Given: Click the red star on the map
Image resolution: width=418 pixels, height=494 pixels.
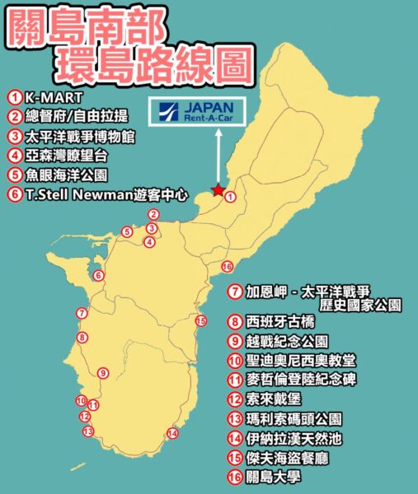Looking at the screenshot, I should pos(218,191).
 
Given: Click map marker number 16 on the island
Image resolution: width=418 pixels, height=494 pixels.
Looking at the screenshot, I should pos(228,266).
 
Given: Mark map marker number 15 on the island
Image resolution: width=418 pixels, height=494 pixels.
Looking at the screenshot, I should pos(200,321).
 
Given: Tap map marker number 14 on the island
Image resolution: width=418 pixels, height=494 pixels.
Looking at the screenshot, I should pos(172,433).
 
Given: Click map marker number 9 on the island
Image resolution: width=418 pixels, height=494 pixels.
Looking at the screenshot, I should pos(102,373).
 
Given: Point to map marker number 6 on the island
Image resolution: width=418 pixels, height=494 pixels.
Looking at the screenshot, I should pos(98,275).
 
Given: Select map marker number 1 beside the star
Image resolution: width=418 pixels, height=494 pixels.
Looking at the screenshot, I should pos(230,197).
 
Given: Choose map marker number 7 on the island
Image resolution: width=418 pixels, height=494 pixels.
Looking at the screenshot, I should pos(81,313).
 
